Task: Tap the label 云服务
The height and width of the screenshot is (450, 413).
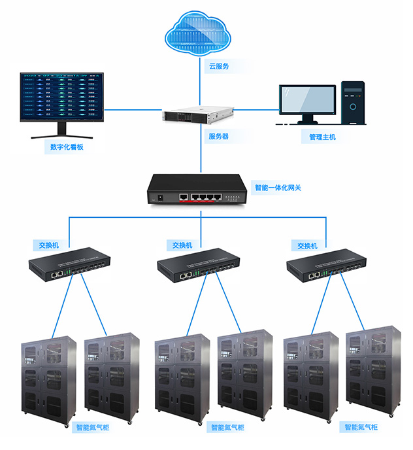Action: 219,67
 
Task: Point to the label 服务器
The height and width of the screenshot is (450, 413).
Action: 219,137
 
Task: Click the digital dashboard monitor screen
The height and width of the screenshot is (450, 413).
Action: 61,97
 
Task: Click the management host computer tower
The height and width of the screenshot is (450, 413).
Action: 353,103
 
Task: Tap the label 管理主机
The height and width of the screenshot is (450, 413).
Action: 322,137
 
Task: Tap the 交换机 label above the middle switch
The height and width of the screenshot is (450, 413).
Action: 182,245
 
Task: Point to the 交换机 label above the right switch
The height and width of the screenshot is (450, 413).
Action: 307,246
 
